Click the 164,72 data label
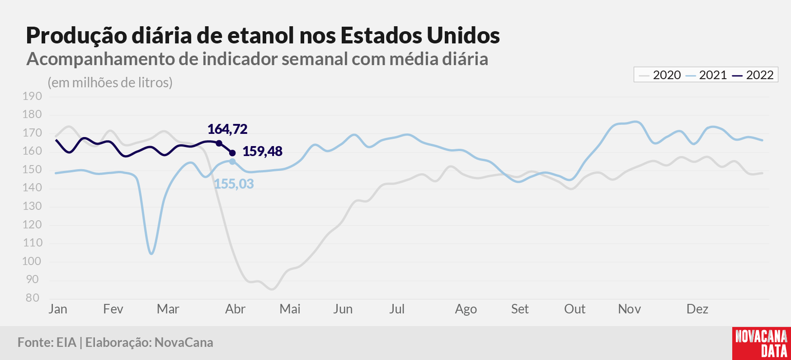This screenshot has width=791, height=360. tap(227, 129)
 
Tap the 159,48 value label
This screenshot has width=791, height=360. tap(263, 151)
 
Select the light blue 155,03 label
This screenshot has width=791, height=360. tap(234, 184)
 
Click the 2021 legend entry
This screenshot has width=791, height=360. tap(706, 75)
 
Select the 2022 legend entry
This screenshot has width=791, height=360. tap(753, 75)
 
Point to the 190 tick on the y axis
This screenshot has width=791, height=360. tap(32, 96)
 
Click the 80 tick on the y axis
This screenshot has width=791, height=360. tap(33, 298)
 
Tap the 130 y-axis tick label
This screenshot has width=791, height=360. tap(32, 206)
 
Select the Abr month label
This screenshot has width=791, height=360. tap(235, 309)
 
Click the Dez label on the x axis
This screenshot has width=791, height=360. tap(697, 309)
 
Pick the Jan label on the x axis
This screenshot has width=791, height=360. tap(58, 309)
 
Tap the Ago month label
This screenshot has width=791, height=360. tap(466, 309)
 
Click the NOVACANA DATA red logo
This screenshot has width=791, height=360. tap(762, 343)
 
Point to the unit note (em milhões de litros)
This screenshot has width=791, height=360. tap(110, 83)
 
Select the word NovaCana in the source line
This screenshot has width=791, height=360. tap(184, 342)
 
